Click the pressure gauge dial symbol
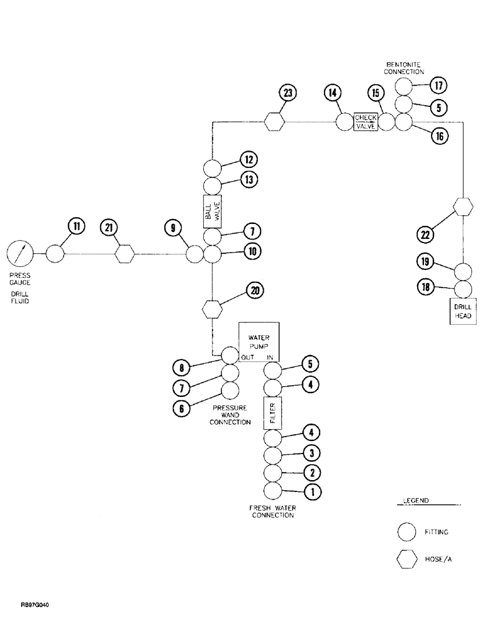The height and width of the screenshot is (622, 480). [19, 254]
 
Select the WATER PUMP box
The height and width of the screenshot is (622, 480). [259, 341]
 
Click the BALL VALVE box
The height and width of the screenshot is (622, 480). [212, 211]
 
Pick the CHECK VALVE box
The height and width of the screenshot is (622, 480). [366, 121]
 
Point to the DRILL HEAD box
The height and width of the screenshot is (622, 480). [463, 311]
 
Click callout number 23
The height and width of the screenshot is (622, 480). [288, 94]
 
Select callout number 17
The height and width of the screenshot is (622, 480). [438, 85]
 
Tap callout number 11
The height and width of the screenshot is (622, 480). [75, 227]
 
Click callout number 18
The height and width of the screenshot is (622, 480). [425, 287]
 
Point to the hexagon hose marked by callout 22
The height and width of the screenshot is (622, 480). [463, 207]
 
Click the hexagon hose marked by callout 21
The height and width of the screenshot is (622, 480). [125, 254]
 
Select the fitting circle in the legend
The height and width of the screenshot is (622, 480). [407, 532]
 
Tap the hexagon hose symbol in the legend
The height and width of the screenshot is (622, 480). [407, 560]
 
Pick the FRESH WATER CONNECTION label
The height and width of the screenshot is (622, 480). [272, 511]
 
